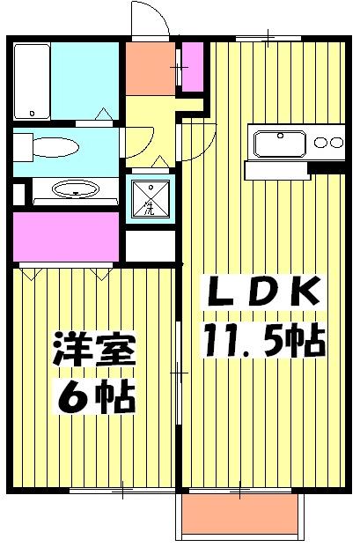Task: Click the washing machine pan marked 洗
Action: pos(149,198)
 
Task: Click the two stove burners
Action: pos(327,143)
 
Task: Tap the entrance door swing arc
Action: pos(148,19)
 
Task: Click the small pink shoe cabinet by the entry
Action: pos(192,67)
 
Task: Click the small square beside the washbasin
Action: pos(19,191)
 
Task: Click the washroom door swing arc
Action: pos(141,145)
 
